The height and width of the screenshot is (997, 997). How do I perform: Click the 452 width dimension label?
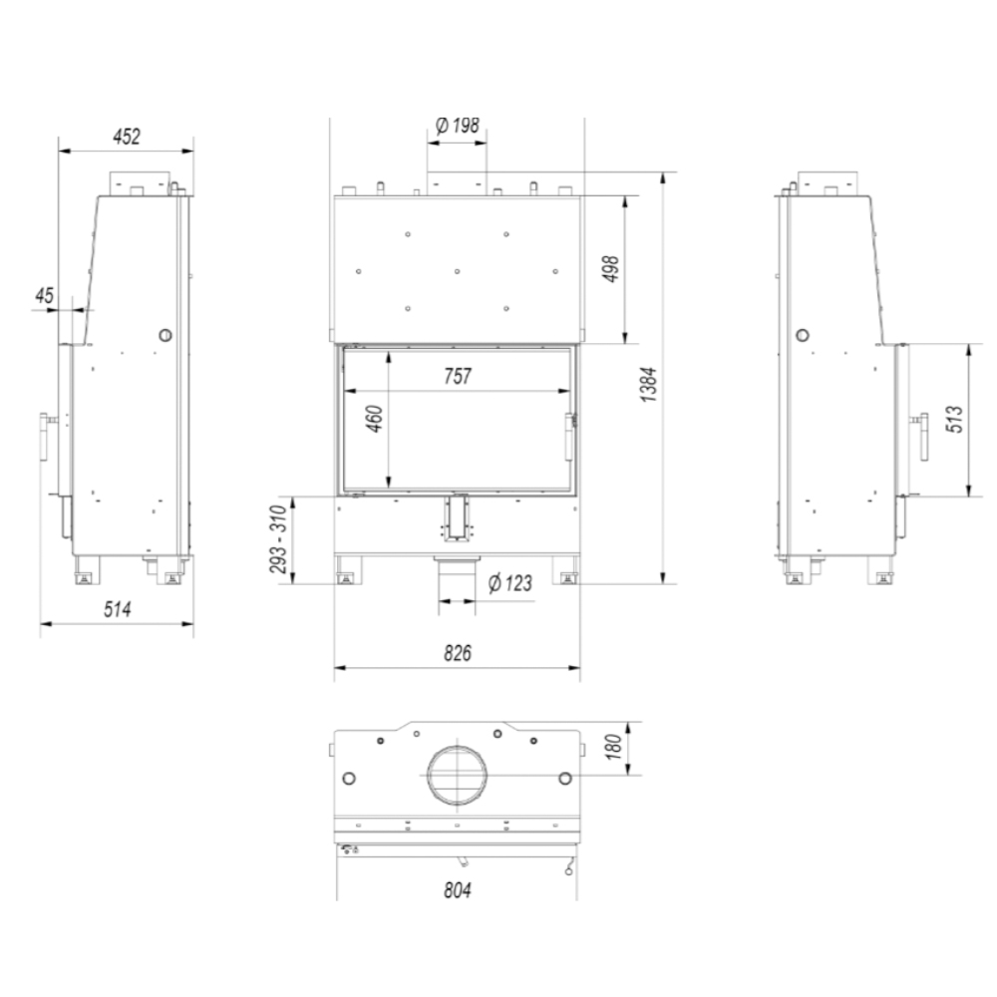coord(127,137)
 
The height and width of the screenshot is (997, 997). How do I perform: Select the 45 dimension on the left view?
coord(44,296)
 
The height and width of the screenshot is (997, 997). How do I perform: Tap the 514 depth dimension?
coord(118,610)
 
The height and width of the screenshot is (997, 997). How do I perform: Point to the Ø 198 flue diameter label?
coord(458,126)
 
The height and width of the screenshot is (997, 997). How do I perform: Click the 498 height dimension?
coord(610,269)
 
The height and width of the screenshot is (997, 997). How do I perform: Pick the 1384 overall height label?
coord(648,385)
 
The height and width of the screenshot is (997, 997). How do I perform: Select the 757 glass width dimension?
coord(458,377)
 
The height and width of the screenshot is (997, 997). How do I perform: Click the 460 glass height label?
coord(376,419)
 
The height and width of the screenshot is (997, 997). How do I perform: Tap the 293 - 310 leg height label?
coord(278,539)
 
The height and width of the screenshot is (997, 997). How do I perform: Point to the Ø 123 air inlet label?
coord(510,583)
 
